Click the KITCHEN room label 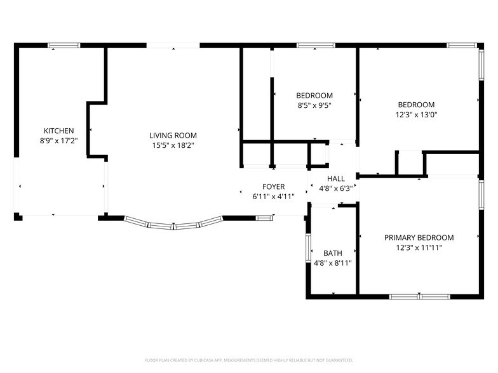(x=58, y=131)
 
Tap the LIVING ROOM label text (x=173, y=136)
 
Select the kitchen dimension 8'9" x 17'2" (x=58, y=141)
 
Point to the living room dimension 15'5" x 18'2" (x=173, y=145)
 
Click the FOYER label (x=273, y=186)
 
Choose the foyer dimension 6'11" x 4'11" (x=273, y=197)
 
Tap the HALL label (x=336, y=179)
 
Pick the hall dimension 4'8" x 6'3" (x=336, y=188)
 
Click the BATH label (x=333, y=253)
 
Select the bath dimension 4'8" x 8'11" (x=333, y=263)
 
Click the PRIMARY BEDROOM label (x=419, y=237)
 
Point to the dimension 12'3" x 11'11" (x=419, y=247)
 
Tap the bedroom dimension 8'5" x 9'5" (x=314, y=105)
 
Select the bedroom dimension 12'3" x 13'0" (x=417, y=114)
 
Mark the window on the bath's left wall (x=308, y=247)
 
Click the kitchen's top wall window (x=64, y=46)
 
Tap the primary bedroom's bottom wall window (x=419, y=297)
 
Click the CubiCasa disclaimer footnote (x=249, y=360)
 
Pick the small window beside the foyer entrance (x=264, y=218)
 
